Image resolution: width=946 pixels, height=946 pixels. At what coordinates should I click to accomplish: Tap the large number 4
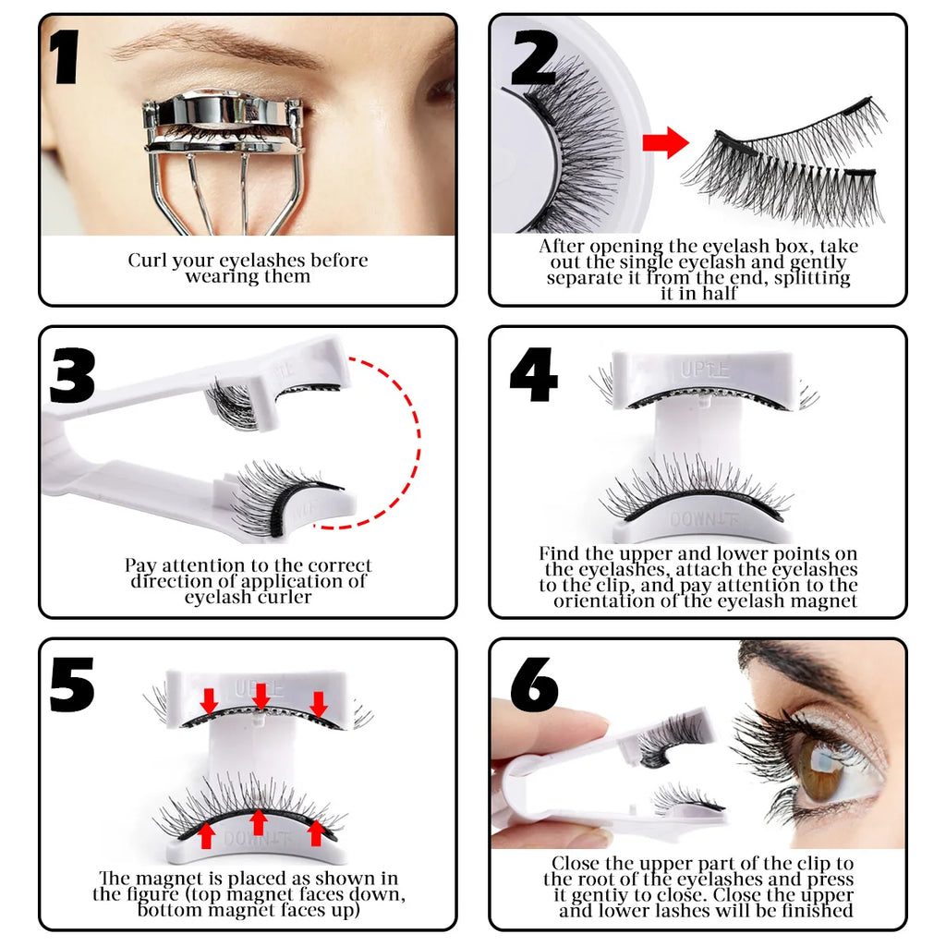pyautogui.click(x=533, y=375)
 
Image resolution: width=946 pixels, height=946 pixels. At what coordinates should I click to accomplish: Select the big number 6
pyautogui.click(x=533, y=685)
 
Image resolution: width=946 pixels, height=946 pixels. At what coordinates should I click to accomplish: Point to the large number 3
pyautogui.click(x=72, y=374)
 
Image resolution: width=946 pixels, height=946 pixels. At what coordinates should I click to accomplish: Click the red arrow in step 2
pyautogui.click(x=666, y=143)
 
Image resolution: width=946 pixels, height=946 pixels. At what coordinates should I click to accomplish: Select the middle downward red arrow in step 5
pyautogui.click(x=262, y=695)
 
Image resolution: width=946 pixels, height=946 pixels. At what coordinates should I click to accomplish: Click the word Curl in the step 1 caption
pyautogui.click(x=146, y=261)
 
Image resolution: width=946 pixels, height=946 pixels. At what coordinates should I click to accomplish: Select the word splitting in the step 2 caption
pyautogui.click(x=813, y=277)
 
